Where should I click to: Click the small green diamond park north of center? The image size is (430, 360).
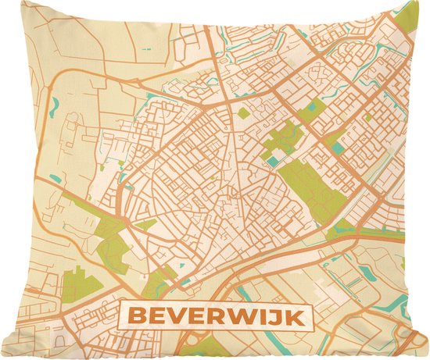tap(243, 113)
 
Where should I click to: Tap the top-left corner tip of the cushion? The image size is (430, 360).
tap(2, 2)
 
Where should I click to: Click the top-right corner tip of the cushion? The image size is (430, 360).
tap(427, 2)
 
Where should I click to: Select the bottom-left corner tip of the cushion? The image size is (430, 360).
tap(2, 357)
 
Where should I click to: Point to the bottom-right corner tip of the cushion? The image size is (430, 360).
tap(427, 357)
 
